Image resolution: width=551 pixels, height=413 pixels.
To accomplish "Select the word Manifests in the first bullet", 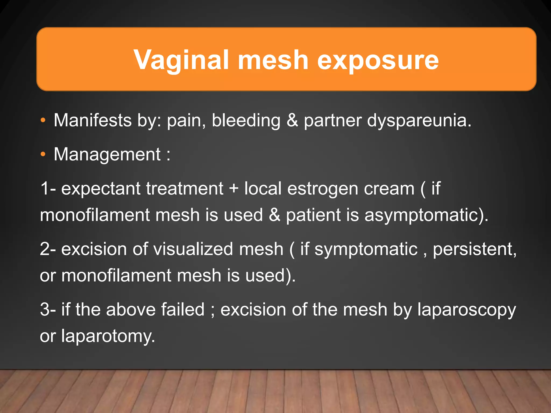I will [x=93, y=120].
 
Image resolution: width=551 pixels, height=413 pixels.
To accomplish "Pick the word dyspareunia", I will [x=419, y=121].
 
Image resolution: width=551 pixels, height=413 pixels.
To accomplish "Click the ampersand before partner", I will [x=292, y=120].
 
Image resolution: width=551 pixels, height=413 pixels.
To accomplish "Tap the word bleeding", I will [x=246, y=120].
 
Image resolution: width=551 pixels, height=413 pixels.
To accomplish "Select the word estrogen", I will [x=323, y=189].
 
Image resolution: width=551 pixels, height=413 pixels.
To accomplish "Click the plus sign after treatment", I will [x=234, y=189].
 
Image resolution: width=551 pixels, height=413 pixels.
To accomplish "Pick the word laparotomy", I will [x=108, y=336].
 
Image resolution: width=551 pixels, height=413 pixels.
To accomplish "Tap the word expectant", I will [x=101, y=189].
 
